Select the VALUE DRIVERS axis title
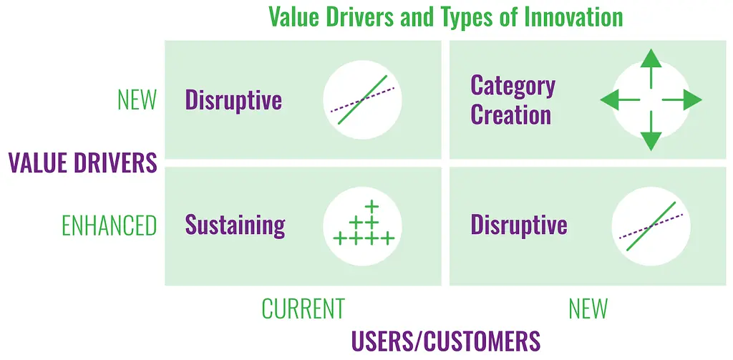point(82,162)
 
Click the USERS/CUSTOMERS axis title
point(445,342)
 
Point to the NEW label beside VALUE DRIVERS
point(137,100)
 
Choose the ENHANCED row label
point(110,226)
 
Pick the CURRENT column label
point(303,308)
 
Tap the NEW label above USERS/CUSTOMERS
point(588,308)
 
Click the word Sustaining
point(235,226)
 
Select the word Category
point(513,87)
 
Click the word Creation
point(510,115)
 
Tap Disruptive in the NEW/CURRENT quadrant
point(234,100)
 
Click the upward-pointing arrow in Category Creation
point(651,68)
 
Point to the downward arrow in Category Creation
point(651,132)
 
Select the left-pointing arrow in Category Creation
point(620,100)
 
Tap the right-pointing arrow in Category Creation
point(682,100)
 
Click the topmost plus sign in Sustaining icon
point(372,205)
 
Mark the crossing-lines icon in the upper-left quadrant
point(362,99)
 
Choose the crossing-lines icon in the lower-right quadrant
point(651,226)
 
